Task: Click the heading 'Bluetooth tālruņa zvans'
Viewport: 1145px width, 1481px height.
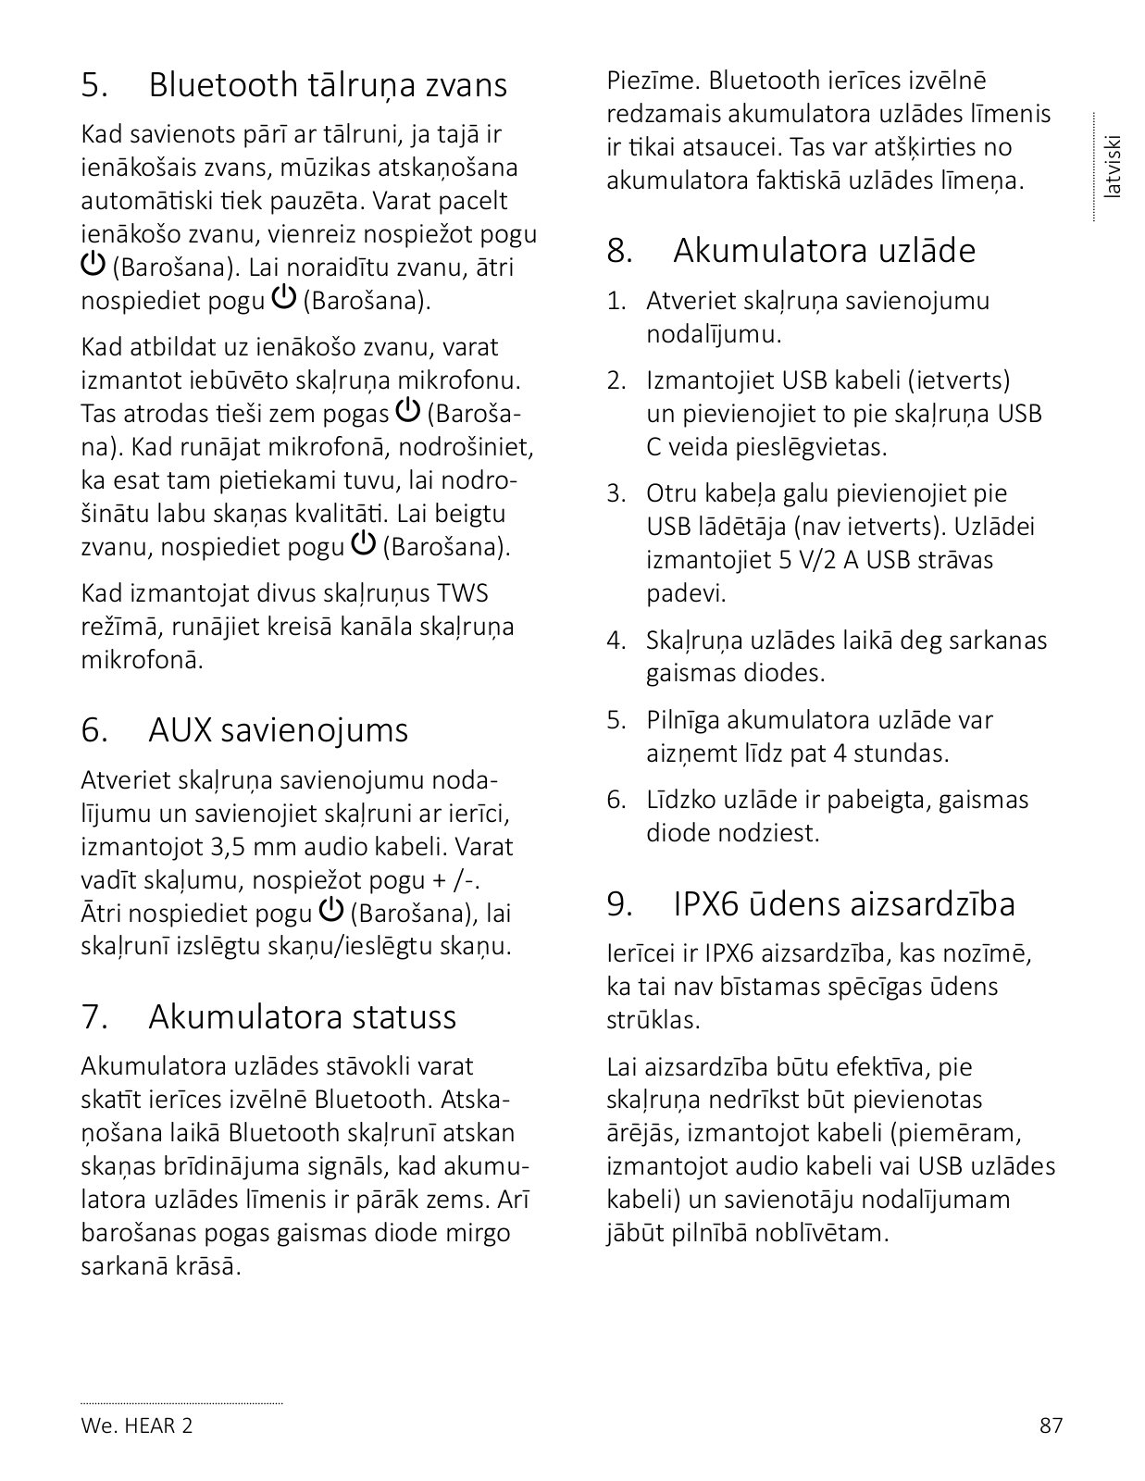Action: pos(328,85)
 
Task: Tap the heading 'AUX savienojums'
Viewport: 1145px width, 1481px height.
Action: pos(278,730)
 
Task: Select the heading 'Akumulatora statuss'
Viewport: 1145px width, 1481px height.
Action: pos(302,1016)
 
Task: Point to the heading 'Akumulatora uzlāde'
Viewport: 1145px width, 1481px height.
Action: pos(824,251)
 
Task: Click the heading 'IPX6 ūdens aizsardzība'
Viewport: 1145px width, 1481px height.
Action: pos(843,903)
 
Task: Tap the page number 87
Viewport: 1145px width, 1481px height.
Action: pos(1051,1425)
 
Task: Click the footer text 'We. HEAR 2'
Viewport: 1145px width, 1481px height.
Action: pos(137,1425)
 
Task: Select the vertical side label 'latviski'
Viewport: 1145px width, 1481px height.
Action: pos(1114,167)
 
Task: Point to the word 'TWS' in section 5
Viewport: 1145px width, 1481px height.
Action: pos(463,593)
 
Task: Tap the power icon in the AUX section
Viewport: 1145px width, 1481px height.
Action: pos(331,911)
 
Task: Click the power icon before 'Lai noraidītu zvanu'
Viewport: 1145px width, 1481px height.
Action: pos(93,265)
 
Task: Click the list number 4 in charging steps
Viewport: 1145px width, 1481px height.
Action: pos(616,641)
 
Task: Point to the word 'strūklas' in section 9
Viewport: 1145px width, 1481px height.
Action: pos(652,1020)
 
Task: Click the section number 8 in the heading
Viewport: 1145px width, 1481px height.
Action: pos(619,251)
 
